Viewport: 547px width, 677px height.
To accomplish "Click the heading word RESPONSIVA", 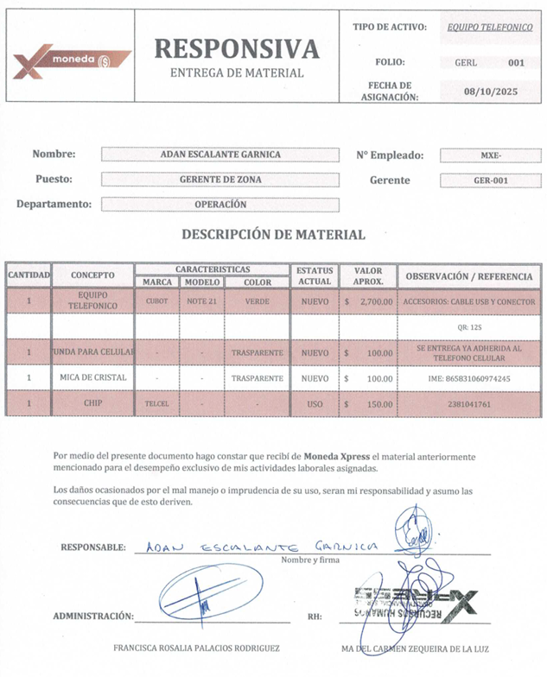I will click(236, 48).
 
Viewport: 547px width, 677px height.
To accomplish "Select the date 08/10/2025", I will click(490, 91).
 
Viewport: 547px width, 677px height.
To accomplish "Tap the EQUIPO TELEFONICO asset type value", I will click(489, 27).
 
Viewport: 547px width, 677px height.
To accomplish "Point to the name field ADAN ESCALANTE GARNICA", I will click(220, 155).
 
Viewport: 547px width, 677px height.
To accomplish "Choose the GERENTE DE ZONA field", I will click(220, 180).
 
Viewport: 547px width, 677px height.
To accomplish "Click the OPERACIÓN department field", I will click(220, 205).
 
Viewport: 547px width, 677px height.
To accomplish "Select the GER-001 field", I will click(490, 180).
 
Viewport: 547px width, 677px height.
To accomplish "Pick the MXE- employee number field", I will click(490, 155).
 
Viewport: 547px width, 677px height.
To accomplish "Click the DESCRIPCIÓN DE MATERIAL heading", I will click(273, 234).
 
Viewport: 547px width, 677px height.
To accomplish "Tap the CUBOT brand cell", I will click(157, 302).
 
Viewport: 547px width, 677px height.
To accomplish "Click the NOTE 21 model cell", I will click(202, 302).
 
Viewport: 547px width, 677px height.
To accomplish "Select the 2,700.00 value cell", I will click(366, 302).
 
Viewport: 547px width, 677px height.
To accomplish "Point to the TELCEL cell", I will click(157, 403).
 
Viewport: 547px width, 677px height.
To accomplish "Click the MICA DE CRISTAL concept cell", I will click(93, 378).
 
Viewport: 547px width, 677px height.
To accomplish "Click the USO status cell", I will click(315, 403).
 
